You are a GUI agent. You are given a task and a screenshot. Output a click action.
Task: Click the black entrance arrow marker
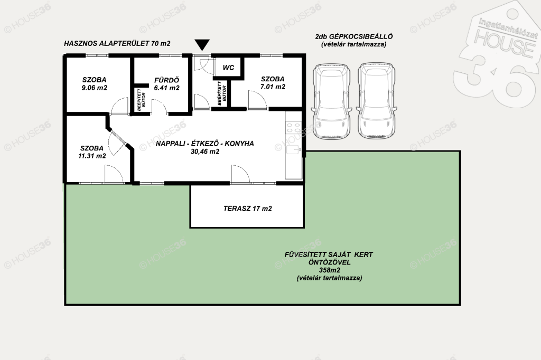pos(202,45)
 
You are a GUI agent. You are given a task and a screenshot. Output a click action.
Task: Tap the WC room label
pos(228,68)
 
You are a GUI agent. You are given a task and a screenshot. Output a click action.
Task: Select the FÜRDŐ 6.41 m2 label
pos(166,84)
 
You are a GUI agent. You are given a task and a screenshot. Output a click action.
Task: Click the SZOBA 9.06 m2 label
pos(94,84)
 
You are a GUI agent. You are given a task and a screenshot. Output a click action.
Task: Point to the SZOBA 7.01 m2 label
pos(273,83)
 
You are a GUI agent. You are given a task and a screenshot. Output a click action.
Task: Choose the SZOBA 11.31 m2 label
pos(92,151)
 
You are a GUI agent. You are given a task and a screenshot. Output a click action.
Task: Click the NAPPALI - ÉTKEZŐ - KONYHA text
pos(204,144)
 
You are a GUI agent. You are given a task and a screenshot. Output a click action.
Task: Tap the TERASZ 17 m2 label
pos(247,209)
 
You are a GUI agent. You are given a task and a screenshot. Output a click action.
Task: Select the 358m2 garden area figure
pos(330,270)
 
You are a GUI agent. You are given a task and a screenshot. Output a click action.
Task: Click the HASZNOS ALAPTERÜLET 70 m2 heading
pos(117,43)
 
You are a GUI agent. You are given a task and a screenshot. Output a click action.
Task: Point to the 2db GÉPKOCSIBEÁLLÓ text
pos(353,36)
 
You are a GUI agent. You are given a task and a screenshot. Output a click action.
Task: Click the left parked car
pos(332,101)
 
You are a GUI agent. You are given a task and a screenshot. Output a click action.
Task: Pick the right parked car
pos(376,101)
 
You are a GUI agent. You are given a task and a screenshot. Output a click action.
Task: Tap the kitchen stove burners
pos(294,128)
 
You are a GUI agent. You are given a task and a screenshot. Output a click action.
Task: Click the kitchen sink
pos(294,149)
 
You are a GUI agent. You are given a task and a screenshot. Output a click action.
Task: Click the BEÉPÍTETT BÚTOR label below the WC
pos(221,93)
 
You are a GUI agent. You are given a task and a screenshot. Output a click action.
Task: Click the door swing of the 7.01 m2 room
pos(257,100)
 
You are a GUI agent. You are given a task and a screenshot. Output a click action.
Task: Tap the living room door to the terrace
pos(240,174)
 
